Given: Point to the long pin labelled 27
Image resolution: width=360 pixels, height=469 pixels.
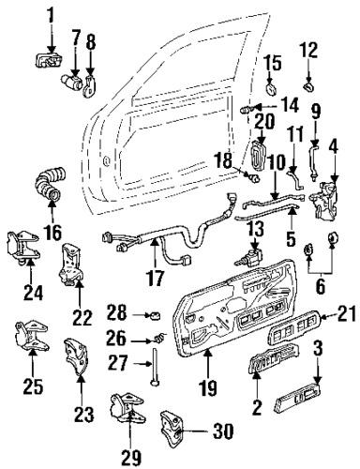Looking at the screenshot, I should pyautogui.click(x=151, y=368).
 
